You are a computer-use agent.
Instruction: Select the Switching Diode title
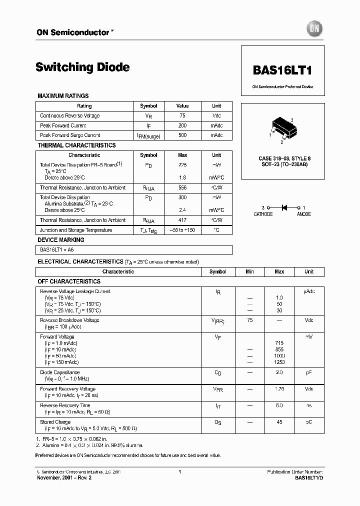pyautogui.click(x=83, y=67)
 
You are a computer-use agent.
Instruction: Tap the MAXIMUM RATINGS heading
pyautogui.click(x=63, y=96)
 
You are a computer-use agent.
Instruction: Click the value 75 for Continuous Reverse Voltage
pyautogui.click(x=182, y=115)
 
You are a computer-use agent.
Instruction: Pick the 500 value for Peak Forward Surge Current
pyautogui.click(x=182, y=135)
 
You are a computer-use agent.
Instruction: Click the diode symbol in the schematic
pyautogui.click(x=285, y=207)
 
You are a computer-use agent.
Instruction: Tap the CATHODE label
pyautogui.click(x=263, y=214)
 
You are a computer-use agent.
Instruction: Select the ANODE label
pyautogui.click(x=303, y=214)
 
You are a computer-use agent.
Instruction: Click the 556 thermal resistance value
pyautogui.click(x=182, y=187)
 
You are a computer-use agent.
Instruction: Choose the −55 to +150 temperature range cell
pyautogui.click(x=182, y=230)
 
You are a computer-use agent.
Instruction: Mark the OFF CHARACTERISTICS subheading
pyautogui.click(x=69, y=281)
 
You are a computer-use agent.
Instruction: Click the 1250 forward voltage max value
pyautogui.click(x=279, y=362)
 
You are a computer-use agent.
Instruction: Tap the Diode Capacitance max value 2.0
pyautogui.click(x=279, y=372)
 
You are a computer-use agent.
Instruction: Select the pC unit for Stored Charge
pyautogui.click(x=309, y=422)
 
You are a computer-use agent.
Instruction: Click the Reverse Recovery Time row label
pyautogui.click(x=65, y=405)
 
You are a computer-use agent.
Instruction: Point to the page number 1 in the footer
pyautogui.click(x=179, y=471)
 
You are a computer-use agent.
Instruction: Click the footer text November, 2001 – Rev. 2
pyautogui.click(x=64, y=477)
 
